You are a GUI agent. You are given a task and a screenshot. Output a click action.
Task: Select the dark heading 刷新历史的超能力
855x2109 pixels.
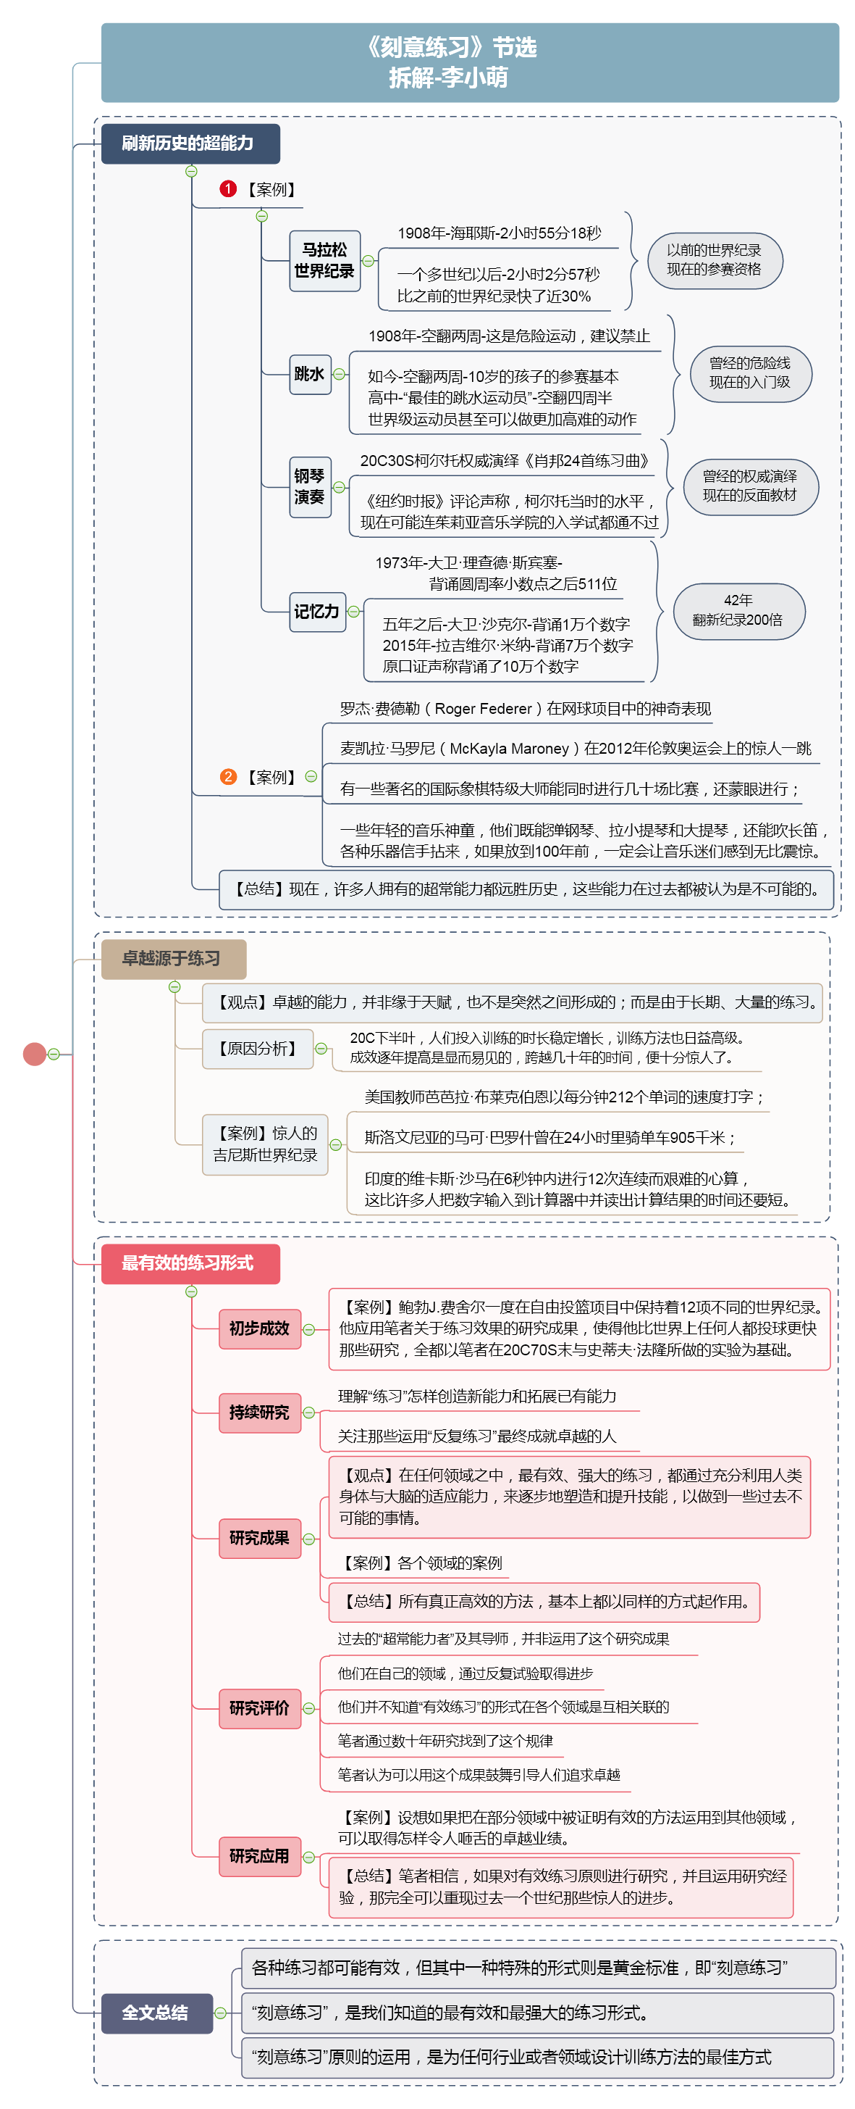pos(190,143)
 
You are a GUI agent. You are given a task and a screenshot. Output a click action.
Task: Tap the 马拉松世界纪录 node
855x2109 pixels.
pos(325,260)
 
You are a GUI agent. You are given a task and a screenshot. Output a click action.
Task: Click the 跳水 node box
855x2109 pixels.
pos(310,374)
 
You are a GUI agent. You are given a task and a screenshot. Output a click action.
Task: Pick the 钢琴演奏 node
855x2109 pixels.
pos(310,486)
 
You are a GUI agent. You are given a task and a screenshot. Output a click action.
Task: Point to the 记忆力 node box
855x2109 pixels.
pos(316,612)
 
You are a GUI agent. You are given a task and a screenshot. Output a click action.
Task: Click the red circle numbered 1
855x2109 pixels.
pos(228,189)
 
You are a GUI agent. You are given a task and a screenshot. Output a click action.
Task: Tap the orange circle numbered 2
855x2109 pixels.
pos(228,776)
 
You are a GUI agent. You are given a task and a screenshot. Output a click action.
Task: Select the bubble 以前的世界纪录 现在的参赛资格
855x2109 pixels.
pos(715,260)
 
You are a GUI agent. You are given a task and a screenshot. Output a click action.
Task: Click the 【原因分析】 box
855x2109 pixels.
pos(258,1048)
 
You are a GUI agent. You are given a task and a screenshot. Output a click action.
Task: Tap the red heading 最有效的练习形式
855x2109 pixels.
pos(190,1263)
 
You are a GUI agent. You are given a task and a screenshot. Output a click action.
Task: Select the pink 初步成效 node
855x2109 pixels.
pos(259,1328)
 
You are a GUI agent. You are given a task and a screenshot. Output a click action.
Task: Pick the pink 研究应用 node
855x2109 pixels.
pos(259,1856)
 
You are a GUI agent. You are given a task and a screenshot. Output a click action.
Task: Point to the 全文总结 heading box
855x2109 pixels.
pos(156,2013)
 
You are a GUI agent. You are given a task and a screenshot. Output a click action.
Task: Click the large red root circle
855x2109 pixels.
pos(34,1054)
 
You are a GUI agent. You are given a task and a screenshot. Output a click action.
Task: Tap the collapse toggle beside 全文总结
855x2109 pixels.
pos(220,2013)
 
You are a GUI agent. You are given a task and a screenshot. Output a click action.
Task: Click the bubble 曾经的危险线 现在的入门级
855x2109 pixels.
pos(750,373)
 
